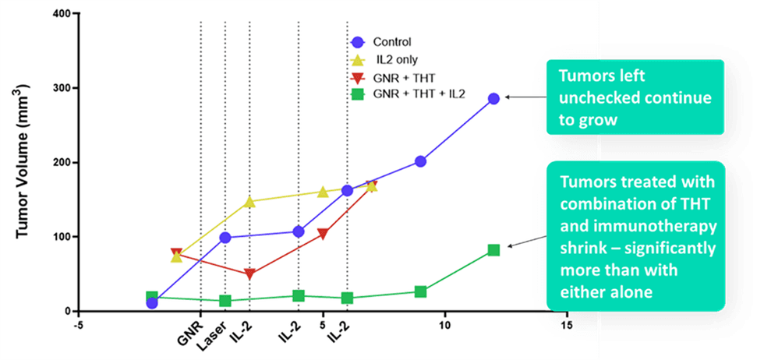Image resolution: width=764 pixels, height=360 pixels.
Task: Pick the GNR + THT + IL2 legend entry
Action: click(x=416, y=95)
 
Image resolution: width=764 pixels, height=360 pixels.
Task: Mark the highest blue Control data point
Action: click(x=493, y=99)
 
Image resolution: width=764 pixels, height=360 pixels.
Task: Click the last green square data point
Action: click(x=493, y=250)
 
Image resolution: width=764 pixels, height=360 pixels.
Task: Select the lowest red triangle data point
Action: click(x=249, y=274)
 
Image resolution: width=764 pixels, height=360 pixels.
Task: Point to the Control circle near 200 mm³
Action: click(x=420, y=161)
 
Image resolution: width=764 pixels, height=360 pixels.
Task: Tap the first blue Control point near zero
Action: click(x=152, y=302)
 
